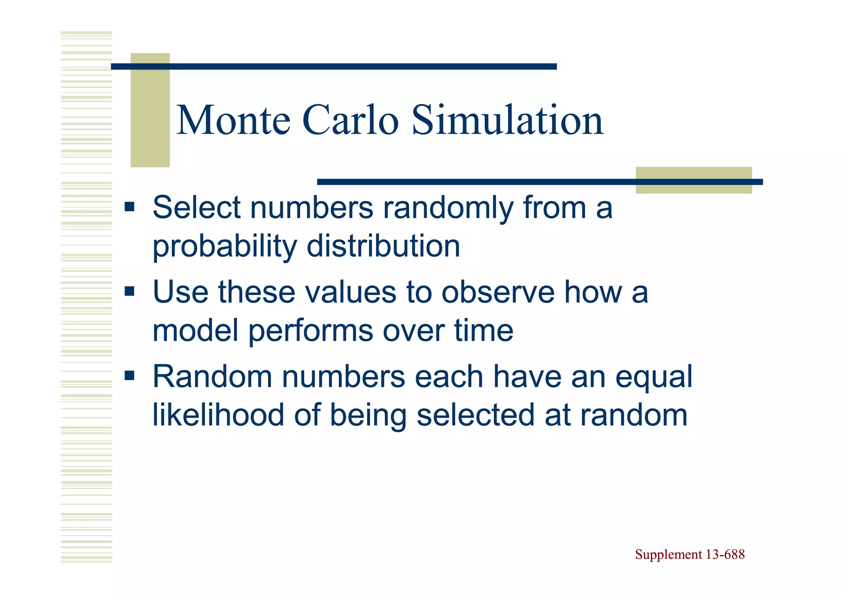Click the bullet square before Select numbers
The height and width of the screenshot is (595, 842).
[130, 206]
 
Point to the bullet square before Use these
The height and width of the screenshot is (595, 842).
[130, 292]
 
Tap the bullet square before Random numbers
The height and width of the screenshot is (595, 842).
[130, 375]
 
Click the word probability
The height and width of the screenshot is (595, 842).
[224, 247]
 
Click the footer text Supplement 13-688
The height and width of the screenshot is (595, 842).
[689, 554]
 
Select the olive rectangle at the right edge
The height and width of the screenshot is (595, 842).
[694, 180]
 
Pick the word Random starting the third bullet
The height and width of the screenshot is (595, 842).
[212, 376]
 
